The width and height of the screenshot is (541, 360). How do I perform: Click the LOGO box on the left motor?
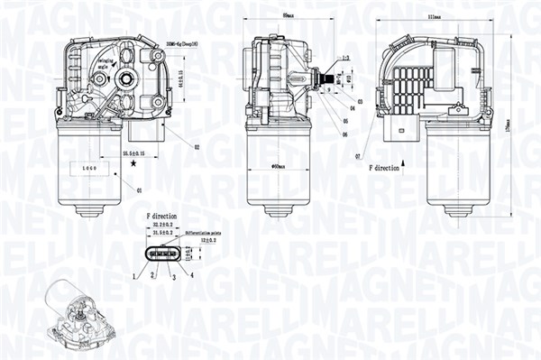(87, 169)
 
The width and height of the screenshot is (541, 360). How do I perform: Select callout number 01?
(139, 190)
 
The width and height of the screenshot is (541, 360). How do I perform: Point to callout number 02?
(196, 146)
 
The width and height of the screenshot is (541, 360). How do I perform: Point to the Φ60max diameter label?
(279, 167)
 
